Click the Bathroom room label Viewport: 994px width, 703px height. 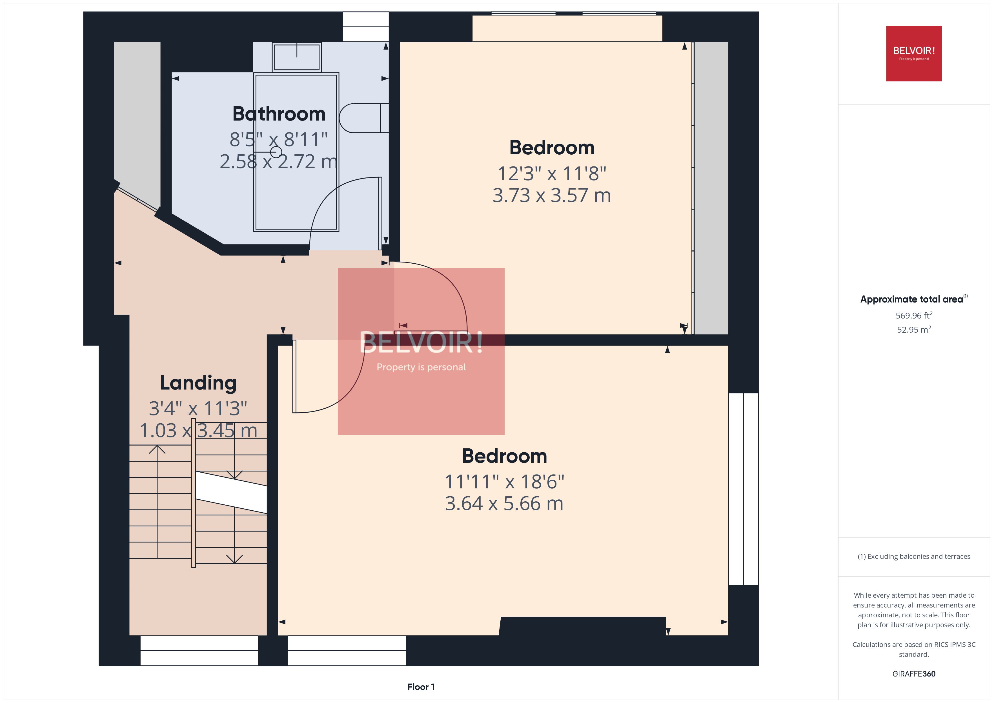point(279,114)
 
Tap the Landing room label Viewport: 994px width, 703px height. point(198,383)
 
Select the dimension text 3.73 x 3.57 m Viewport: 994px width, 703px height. point(552,195)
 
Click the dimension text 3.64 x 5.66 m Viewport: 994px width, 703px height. point(504,503)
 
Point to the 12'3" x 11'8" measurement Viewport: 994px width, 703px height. point(552,173)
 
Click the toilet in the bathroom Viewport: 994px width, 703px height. point(363,118)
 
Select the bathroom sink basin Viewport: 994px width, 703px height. point(297,57)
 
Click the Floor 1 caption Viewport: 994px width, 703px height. point(421,687)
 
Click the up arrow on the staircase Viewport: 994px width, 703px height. point(157,450)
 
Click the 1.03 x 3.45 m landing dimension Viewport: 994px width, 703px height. point(198,430)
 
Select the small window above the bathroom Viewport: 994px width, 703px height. point(365,26)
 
